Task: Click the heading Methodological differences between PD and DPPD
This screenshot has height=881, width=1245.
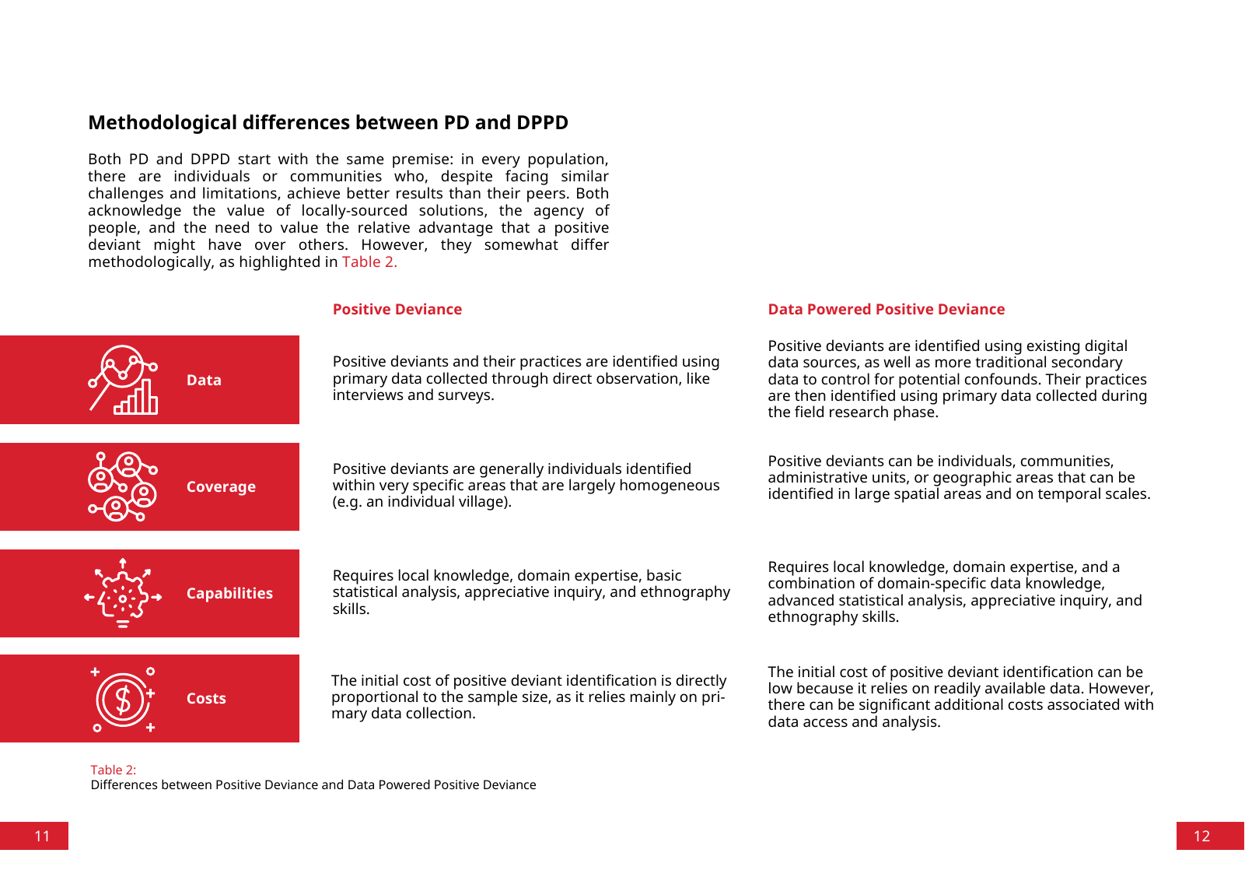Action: pyautogui.click(x=328, y=123)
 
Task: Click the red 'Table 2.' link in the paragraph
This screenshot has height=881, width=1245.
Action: pyautogui.click(x=369, y=262)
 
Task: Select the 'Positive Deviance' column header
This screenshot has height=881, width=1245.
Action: pyautogui.click(x=397, y=310)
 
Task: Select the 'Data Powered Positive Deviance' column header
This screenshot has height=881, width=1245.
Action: pyautogui.click(x=886, y=310)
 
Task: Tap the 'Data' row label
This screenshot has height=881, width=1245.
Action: pyautogui.click(x=204, y=381)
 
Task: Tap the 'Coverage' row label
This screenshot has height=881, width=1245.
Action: pyautogui.click(x=221, y=487)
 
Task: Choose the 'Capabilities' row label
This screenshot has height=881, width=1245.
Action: pyautogui.click(x=229, y=594)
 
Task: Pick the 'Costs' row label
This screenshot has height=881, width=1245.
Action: pyautogui.click(x=206, y=699)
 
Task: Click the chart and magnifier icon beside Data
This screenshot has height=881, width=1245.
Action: pyautogui.click(x=123, y=380)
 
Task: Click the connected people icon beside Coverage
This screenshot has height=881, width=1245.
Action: pyautogui.click(x=123, y=486)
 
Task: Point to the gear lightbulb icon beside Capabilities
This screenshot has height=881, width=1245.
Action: pyautogui.click(x=123, y=593)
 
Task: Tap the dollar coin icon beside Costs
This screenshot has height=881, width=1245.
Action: pyautogui.click(x=123, y=699)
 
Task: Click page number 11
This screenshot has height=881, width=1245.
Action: pyautogui.click(x=42, y=836)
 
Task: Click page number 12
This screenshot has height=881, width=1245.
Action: pyautogui.click(x=1201, y=836)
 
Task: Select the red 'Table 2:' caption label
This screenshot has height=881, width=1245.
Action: pyautogui.click(x=114, y=770)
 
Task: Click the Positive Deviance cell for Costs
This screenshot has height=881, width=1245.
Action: pyautogui.click(x=528, y=697)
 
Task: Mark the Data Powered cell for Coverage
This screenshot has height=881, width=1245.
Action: pyautogui.click(x=958, y=478)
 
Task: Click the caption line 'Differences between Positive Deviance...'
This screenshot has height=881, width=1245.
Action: pyautogui.click(x=313, y=784)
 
